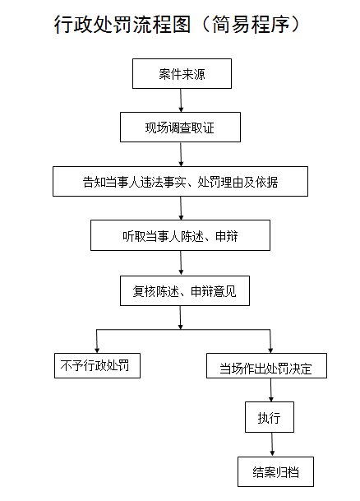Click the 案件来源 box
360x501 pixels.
point(182,73)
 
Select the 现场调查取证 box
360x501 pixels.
point(180,128)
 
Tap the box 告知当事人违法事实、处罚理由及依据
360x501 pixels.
point(180,181)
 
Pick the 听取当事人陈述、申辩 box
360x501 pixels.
point(180,235)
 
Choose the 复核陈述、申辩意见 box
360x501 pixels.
point(185,290)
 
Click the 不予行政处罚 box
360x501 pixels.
point(97,365)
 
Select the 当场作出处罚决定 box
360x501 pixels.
point(266,365)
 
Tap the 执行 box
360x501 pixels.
point(270,417)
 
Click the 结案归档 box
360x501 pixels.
point(275,471)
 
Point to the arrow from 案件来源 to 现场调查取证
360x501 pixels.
point(181,100)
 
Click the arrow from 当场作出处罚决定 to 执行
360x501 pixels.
point(271,390)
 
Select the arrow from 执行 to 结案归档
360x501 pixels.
point(272,444)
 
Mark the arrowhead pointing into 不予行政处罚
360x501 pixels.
point(97,350)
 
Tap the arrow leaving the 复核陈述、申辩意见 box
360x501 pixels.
point(180,318)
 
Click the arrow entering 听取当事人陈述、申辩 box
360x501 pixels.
point(181,208)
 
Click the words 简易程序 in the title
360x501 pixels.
point(251,25)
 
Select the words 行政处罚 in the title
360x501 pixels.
point(93,25)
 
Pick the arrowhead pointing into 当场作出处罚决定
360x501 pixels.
point(270,350)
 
